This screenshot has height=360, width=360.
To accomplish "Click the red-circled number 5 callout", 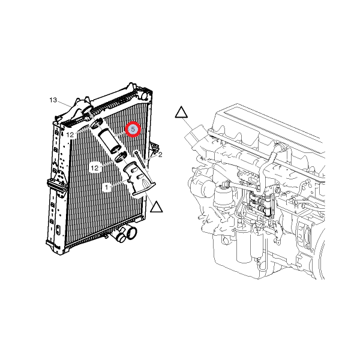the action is (133, 130).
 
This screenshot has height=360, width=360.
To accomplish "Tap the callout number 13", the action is (53, 100).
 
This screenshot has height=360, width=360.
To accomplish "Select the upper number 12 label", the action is (70, 135).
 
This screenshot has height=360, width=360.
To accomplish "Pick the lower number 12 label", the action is (95, 168).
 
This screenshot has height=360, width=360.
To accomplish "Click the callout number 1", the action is (107, 188).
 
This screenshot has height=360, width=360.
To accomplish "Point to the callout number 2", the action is (160, 155).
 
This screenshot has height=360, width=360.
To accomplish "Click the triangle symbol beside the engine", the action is (181, 112).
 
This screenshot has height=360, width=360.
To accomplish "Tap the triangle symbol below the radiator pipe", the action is (157, 207).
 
